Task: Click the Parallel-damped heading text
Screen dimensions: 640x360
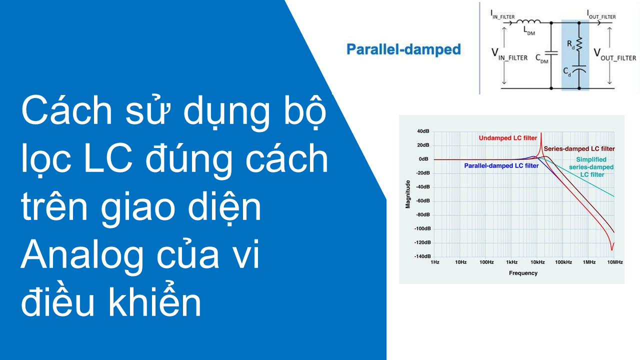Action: (403, 49)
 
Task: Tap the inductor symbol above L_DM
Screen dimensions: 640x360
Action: (528, 21)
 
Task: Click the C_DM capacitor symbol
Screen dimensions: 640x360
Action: (551, 53)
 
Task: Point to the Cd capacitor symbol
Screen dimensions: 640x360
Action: (579, 69)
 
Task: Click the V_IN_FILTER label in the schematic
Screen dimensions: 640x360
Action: (509, 54)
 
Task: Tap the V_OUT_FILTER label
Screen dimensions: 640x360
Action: (614, 54)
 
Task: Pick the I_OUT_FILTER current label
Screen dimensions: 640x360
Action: (601, 14)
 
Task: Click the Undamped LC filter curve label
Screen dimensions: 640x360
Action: (507, 138)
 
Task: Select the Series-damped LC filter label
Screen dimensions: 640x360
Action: (579, 149)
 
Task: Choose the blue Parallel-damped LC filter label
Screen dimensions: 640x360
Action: (501, 165)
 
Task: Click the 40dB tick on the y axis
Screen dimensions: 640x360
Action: (423, 131)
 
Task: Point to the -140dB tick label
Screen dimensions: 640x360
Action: (422, 256)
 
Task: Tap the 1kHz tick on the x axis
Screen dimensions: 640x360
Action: (511, 262)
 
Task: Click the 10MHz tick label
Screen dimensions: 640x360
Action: (615, 262)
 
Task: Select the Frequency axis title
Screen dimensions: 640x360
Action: (523, 273)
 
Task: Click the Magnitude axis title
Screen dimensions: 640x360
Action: (407, 194)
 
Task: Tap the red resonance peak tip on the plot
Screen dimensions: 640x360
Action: (541, 133)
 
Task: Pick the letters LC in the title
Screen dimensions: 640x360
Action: (108, 158)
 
